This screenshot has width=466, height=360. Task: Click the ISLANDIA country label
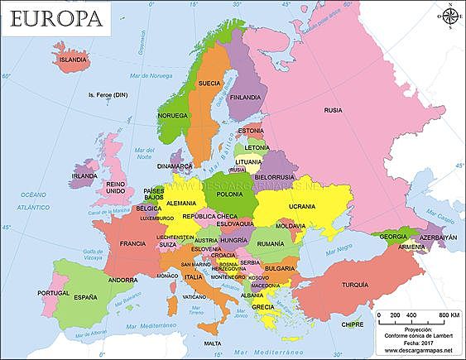tap(72, 60)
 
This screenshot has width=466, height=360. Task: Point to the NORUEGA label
tap(172, 115)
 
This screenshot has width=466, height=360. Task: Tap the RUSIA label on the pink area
tap(333, 109)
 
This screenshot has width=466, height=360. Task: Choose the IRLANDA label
tap(84, 175)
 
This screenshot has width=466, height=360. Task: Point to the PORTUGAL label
tap(53, 293)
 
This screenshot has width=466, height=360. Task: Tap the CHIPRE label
tap(352, 324)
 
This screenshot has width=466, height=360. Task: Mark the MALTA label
tap(213, 343)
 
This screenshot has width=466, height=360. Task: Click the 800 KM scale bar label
tap(448, 315)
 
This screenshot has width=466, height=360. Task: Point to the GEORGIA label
tap(393, 237)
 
